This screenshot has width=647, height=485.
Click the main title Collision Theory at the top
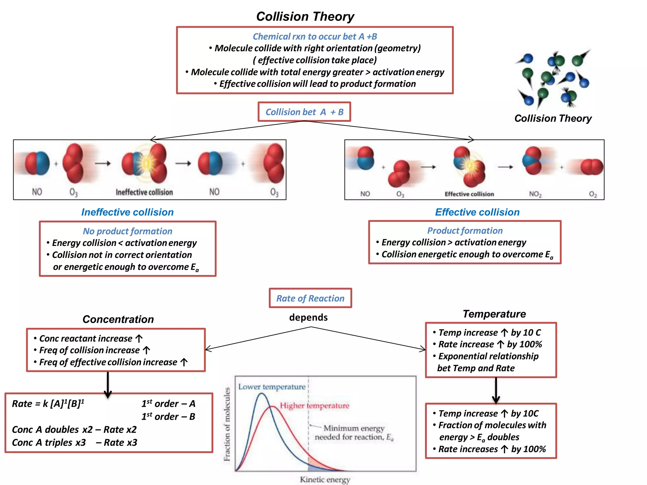click(305, 16)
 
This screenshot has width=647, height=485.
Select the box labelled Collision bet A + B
click(304, 112)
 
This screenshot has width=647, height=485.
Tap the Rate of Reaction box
click(310, 298)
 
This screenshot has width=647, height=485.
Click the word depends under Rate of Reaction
click(308, 317)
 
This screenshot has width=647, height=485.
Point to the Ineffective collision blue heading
click(127, 212)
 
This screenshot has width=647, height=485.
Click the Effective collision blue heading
click(477, 212)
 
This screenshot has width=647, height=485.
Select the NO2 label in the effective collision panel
click(535, 194)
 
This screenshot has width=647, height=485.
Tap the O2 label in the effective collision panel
click(593, 194)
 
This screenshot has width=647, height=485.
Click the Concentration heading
click(118, 319)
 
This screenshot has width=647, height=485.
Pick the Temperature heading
click(494, 314)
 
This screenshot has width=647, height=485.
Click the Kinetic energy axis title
click(325, 479)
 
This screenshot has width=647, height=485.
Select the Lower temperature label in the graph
click(272, 387)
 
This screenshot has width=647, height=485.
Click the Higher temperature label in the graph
click(315, 405)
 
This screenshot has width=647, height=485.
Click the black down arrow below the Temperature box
click(496, 390)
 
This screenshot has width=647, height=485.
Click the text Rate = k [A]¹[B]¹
click(48, 404)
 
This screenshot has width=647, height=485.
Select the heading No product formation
click(127, 231)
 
